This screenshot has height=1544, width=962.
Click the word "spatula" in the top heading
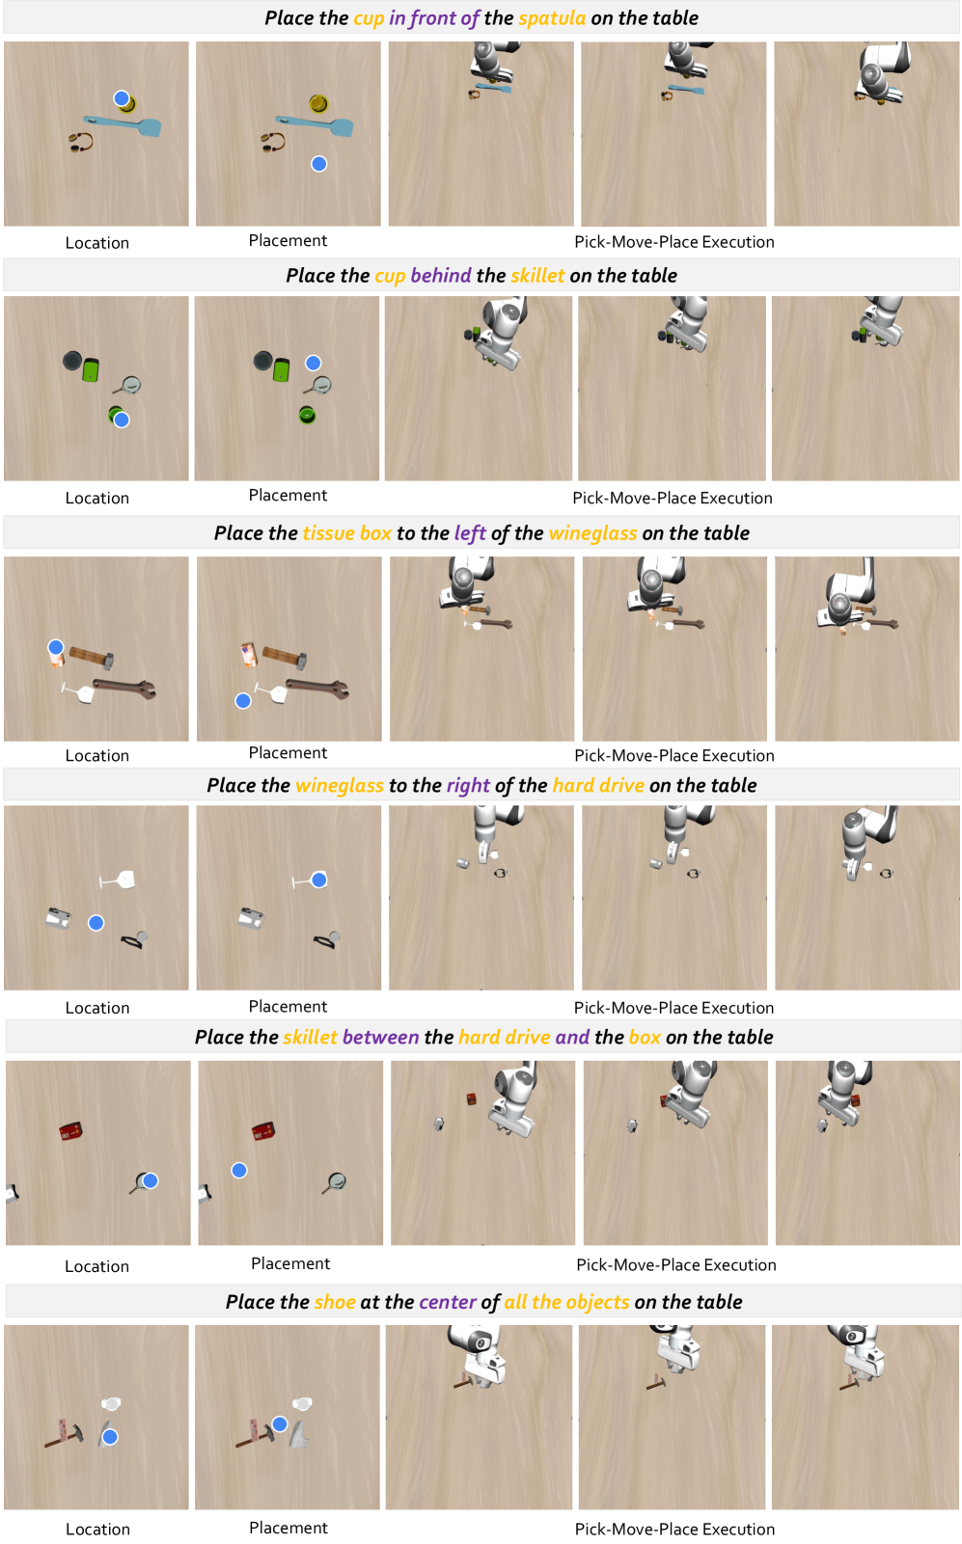point(552,18)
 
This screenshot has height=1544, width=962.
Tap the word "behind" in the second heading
point(441,276)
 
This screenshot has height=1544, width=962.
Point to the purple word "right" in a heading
point(468,786)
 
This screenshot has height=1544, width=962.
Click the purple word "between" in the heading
point(381,1038)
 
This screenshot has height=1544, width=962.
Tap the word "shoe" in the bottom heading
point(335,1302)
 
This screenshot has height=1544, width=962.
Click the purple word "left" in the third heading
point(470,533)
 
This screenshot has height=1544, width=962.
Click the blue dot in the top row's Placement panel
point(318,164)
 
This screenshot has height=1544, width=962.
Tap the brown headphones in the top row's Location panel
point(81,142)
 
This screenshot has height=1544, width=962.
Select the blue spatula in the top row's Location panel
point(124,125)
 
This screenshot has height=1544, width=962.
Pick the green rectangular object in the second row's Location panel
point(91,370)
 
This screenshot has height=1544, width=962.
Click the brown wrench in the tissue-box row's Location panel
point(124,688)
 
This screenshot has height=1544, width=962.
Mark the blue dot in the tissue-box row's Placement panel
point(243,701)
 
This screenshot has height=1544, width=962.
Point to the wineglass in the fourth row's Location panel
point(118,880)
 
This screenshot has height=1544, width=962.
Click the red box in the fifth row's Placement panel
point(263,1131)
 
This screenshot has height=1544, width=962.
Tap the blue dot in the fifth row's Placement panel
point(239,1171)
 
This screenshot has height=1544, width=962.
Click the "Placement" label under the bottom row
point(289,1529)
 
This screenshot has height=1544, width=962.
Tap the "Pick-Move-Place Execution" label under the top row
point(674,242)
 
